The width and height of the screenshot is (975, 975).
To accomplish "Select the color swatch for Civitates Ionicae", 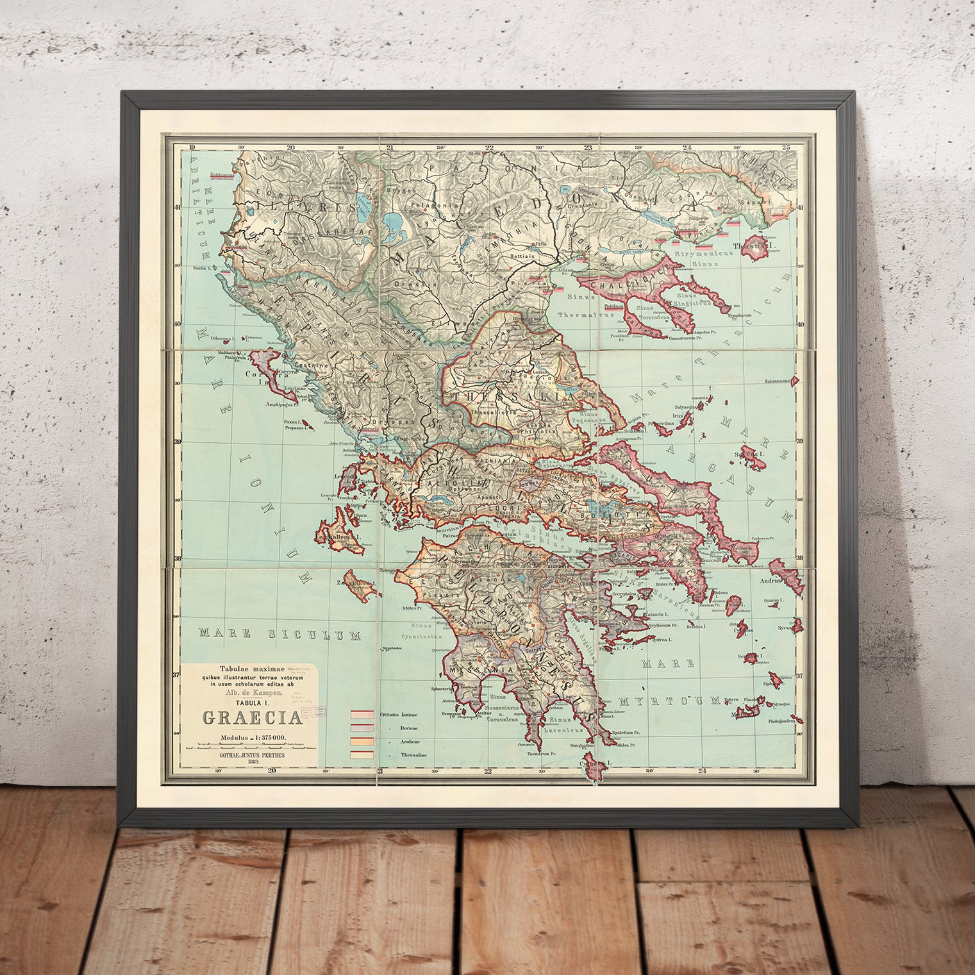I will tap(362, 714).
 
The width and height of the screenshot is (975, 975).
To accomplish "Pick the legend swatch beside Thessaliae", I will tap(362, 754).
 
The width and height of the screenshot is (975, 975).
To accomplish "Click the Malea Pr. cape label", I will tap(622, 745).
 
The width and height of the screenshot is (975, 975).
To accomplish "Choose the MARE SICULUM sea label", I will tap(280, 635).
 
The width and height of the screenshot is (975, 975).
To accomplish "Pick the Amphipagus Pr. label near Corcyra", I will tap(286, 404).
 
